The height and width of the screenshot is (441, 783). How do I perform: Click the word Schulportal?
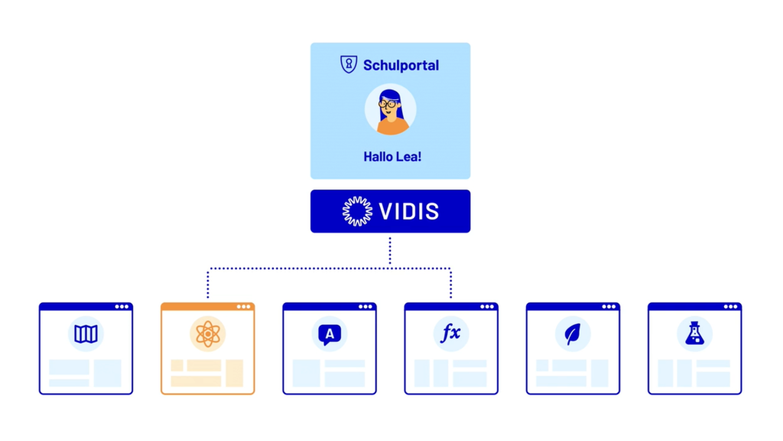(401, 66)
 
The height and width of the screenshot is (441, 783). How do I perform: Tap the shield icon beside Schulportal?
(349, 65)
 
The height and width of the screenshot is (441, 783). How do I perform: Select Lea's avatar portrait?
(391, 110)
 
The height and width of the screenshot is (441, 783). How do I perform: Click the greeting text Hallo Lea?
(392, 157)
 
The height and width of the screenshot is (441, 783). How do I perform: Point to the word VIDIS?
(410, 212)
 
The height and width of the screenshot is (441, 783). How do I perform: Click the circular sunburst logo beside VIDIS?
(357, 212)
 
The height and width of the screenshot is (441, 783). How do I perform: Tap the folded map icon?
(86, 334)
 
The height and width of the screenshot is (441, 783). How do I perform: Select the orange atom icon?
(207, 334)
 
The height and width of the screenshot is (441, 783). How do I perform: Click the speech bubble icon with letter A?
(329, 334)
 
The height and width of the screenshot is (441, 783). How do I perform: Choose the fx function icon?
(451, 334)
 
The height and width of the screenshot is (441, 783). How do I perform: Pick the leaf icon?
(573, 334)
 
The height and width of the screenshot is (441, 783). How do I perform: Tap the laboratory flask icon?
(694, 334)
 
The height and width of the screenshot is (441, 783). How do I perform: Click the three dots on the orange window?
(244, 307)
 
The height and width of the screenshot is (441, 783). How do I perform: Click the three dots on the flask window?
(731, 307)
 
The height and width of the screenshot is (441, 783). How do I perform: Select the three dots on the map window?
(122, 307)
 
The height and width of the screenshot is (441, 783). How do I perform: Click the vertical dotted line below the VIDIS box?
(390, 251)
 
